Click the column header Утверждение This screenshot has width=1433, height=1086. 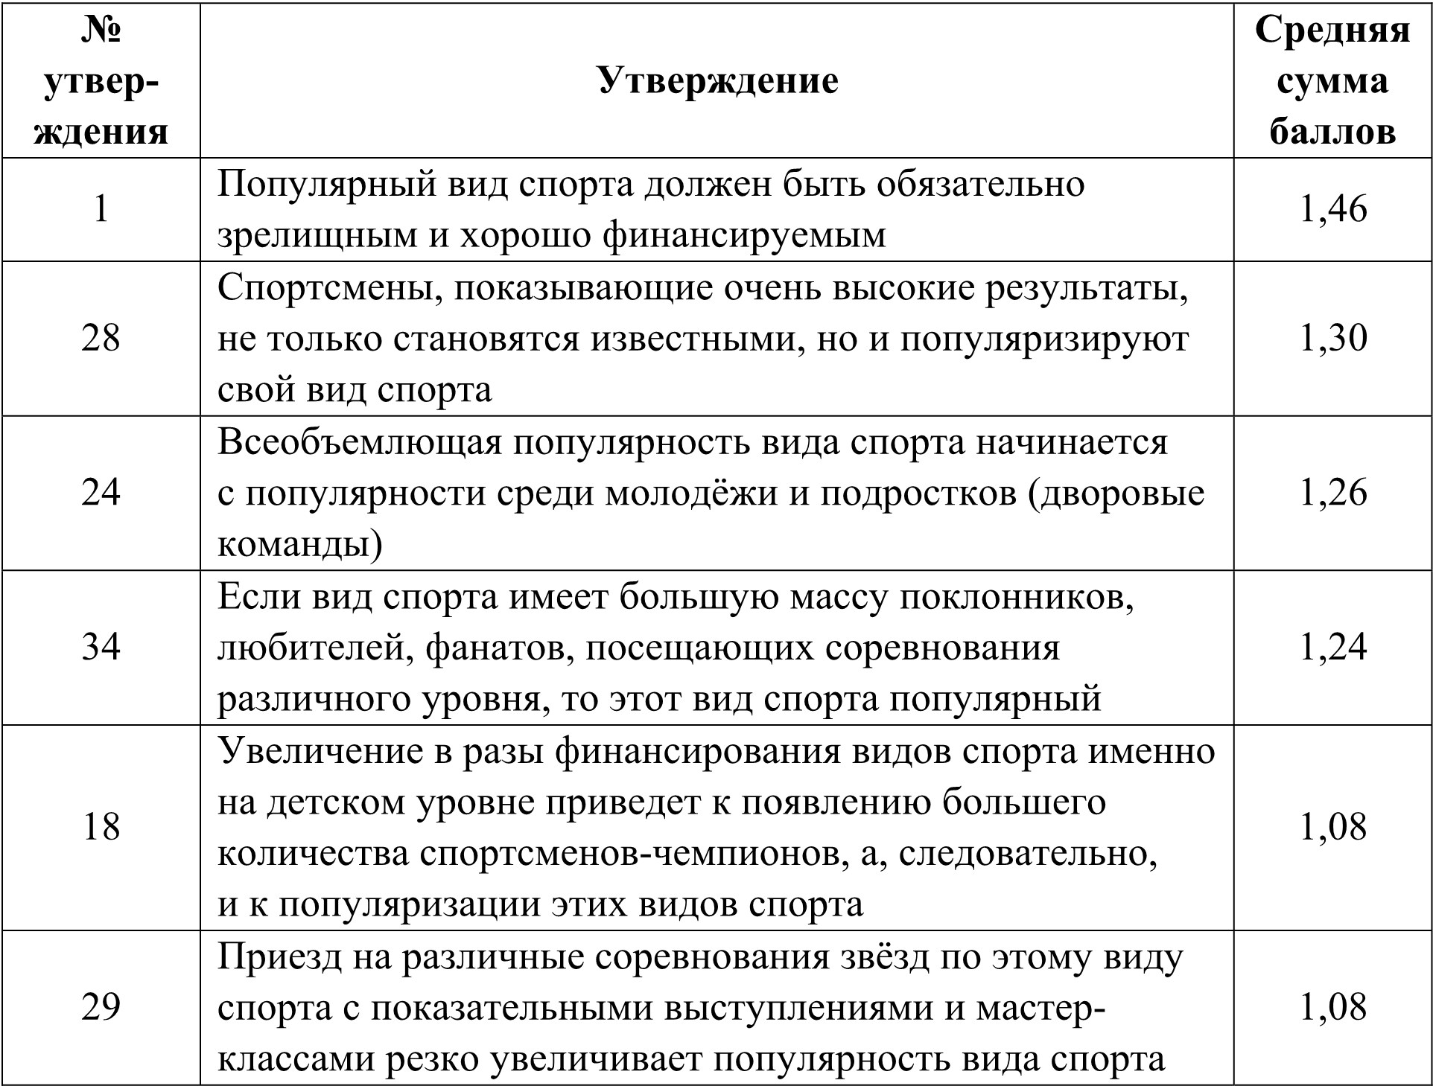coord(717,80)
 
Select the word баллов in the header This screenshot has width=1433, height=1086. coord(1332,132)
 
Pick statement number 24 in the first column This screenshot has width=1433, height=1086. coord(101,493)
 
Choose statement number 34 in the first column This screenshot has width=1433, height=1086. coord(101,647)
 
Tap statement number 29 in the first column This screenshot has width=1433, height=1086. coord(101,1007)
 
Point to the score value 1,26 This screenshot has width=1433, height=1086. coord(1332,493)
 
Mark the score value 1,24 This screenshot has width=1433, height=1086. coord(1332,647)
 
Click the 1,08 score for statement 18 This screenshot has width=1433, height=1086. coord(1332,827)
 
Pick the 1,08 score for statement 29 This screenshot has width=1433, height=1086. coord(1332,1007)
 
